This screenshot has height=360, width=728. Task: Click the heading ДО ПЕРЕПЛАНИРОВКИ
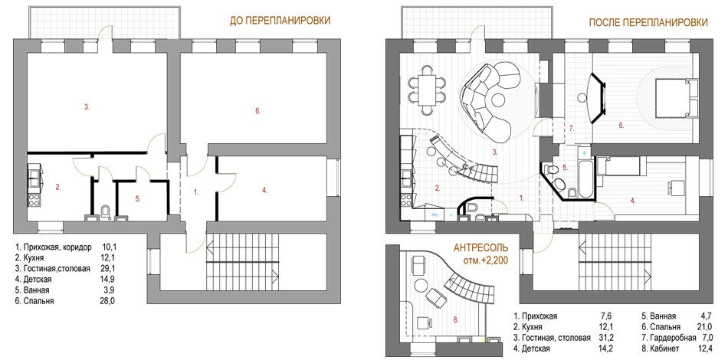pyautogui.click(x=280, y=21)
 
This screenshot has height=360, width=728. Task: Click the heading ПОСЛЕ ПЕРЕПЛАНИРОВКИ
pyautogui.click(x=648, y=22)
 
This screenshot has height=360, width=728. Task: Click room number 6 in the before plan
pyautogui.click(x=258, y=111)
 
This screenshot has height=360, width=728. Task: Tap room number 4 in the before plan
pyautogui.click(x=264, y=190)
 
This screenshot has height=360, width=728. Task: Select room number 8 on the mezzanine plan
pyautogui.click(x=455, y=319)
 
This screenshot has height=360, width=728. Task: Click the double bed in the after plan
pyautogui.click(x=676, y=98)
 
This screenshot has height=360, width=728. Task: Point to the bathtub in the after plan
pyautogui.click(x=584, y=179)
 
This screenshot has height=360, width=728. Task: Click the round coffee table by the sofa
pyautogui.click(x=499, y=100)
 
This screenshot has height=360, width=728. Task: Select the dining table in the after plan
pyautogui.click(x=427, y=90)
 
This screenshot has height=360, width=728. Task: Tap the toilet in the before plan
pyautogui.click(x=105, y=212)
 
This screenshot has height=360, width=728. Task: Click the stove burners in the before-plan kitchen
pyautogui.click(x=34, y=201)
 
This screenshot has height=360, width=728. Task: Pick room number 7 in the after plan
pyautogui.click(x=572, y=129)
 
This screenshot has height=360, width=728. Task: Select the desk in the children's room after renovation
pyautogui.click(x=674, y=188)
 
